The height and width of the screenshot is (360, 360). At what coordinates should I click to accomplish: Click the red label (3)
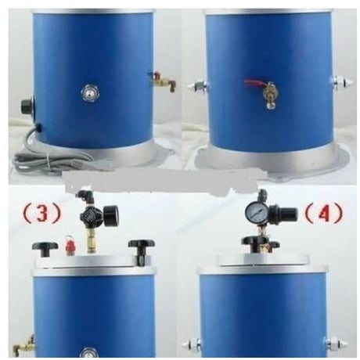click(x=42, y=213)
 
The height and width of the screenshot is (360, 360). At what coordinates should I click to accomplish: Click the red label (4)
click(x=324, y=213)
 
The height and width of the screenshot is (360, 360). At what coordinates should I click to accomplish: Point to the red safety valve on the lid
click(x=69, y=244)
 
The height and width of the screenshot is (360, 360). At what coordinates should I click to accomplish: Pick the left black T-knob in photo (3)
click(x=45, y=249)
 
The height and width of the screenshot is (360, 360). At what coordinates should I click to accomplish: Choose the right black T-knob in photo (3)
click(x=141, y=248)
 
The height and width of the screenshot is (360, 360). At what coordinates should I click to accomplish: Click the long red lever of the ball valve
click(x=256, y=84)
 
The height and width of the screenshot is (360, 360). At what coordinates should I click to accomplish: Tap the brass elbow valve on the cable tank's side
click(x=164, y=81)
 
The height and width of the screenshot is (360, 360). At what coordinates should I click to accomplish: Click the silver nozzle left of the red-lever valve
click(x=196, y=86)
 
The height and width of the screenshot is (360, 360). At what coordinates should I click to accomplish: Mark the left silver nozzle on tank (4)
click(x=191, y=344)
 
